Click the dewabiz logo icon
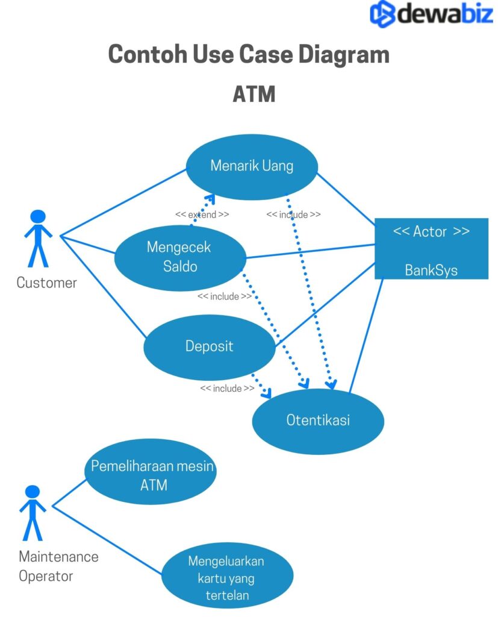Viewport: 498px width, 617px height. (382, 13)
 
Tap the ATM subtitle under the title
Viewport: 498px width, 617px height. (254, 95)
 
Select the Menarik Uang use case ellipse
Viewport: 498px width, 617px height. (252, 167)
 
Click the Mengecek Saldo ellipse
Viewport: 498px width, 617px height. (179, 257)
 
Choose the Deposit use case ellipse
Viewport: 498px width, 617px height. (209, 346)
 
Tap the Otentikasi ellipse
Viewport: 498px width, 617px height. (317, 421)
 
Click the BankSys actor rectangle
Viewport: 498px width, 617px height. (431, 249)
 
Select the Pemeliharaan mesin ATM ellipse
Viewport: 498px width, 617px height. (150, 475)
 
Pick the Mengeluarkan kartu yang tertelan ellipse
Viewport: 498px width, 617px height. (226, 578)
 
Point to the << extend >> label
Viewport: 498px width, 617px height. (202, 215)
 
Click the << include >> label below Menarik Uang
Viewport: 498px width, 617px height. (293, 215)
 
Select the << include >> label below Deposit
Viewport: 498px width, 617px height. (227, 389)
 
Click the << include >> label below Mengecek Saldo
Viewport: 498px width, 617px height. (225, 296)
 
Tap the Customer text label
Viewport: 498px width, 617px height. (46, 283)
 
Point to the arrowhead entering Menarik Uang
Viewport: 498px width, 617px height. (208, 198)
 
